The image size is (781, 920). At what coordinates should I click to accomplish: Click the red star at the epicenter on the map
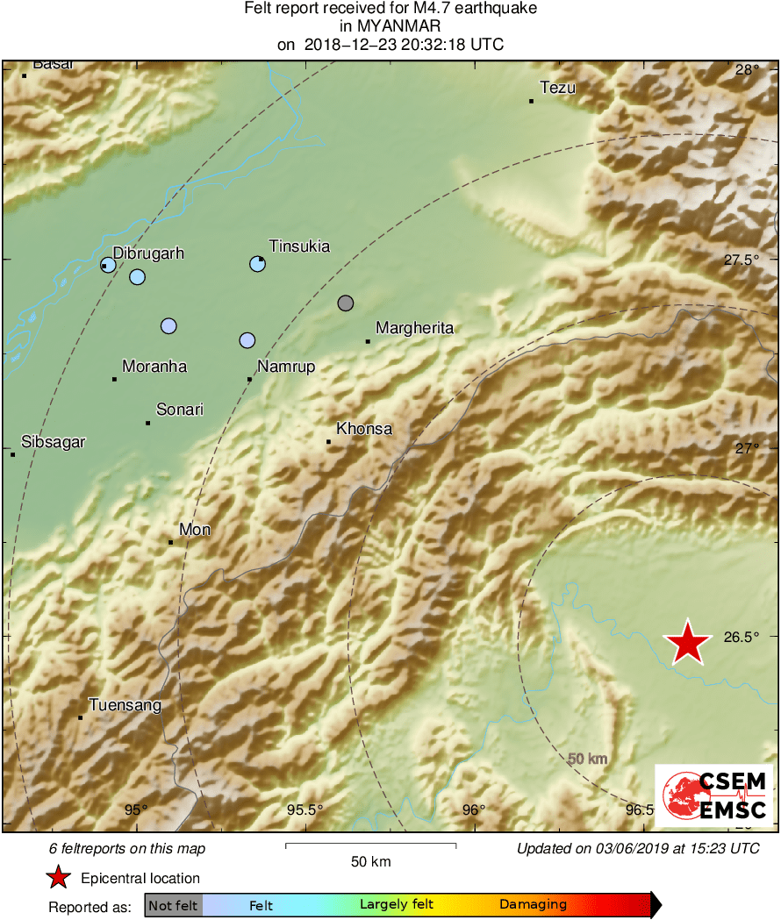(689, 644)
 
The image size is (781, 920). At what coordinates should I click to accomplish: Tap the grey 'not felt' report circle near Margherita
(346, 303)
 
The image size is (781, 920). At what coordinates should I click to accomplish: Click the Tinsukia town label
(299, 246)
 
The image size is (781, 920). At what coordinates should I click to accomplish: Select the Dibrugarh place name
(148, 253)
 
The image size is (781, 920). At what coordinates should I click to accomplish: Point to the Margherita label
(414, 328)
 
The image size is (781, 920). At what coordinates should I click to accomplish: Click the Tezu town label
(557, 87)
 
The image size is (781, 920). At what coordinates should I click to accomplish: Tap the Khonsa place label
(364, 429)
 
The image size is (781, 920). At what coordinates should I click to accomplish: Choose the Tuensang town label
(125, 705)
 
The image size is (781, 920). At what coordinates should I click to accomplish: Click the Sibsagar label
(54, 442)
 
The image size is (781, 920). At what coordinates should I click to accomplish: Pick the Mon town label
(195, 530)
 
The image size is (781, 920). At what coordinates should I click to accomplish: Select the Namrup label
(285, 367)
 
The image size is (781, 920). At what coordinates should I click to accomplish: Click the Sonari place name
(180, 410)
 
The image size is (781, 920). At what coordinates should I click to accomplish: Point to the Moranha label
(154, 367)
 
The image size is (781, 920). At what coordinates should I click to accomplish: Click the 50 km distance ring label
(587, 759)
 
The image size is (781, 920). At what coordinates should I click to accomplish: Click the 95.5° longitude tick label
(305, 809)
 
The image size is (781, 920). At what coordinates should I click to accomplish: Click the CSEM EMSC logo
(713, 795)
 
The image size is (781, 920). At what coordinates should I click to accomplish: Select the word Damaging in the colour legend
(533, 904)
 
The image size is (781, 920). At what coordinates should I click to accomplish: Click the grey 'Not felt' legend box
(173, 904)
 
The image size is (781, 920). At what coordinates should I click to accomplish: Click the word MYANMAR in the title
(390, 26)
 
